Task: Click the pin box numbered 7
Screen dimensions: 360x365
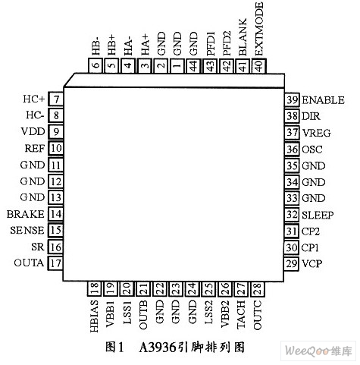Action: point(55,99)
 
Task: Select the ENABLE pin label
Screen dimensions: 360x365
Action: point(323,100)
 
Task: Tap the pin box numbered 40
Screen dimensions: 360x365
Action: point(259,65)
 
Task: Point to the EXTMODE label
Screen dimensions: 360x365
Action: point(259,29)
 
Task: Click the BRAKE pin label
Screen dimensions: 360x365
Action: point(26,214)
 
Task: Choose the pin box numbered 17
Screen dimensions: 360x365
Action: point(55,263)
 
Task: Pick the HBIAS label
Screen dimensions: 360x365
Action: point(94,316)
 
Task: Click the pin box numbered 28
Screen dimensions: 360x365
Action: point(257,289)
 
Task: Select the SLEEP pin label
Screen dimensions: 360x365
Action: point(318,215)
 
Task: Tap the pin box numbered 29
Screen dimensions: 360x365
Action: point(292,264)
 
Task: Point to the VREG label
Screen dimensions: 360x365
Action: point(317,133)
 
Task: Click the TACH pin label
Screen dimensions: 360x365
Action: point(241,314)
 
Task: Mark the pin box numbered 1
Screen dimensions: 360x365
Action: point(177,65)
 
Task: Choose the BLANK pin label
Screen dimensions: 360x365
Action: point(243,37)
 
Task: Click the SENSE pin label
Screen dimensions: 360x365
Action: point(27,230)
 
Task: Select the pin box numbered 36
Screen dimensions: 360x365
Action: point(292,149)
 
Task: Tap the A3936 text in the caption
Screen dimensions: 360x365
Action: point(158,347)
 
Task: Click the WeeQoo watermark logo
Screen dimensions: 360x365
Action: point(318,351)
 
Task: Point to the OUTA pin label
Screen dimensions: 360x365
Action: point(29,263)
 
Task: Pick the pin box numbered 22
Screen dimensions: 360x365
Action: point(159,289)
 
